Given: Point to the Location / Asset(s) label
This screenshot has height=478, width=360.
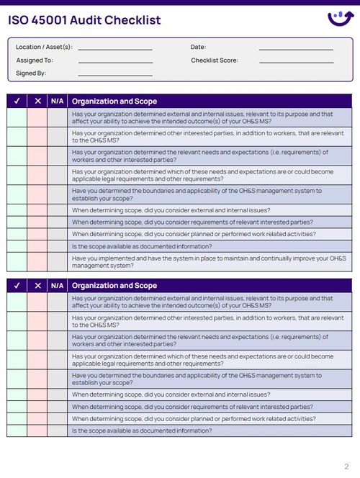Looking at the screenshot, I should [44, 47].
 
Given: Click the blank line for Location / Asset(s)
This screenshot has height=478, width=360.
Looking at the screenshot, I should [115, 48].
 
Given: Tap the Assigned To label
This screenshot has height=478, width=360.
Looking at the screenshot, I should [35, 60].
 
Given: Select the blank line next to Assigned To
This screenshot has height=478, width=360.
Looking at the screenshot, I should [115, 62].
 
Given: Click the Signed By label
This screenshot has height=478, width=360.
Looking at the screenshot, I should [31, 73].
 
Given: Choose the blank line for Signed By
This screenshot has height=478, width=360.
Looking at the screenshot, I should [115, 75].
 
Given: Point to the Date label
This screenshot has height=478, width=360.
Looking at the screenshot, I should [198, 47].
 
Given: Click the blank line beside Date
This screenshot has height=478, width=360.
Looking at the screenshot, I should [296, 48].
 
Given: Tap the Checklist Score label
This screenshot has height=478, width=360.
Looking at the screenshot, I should [214, 60].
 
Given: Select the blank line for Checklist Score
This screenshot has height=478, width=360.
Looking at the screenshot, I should [296, 62].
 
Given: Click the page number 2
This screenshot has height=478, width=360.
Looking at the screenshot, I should [346, 466].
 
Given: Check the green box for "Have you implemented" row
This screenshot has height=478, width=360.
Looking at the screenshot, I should [17, 261].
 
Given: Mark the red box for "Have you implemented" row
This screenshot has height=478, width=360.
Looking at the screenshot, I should [37, 261].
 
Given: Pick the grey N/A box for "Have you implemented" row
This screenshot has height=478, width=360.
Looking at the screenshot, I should [58, 261].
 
